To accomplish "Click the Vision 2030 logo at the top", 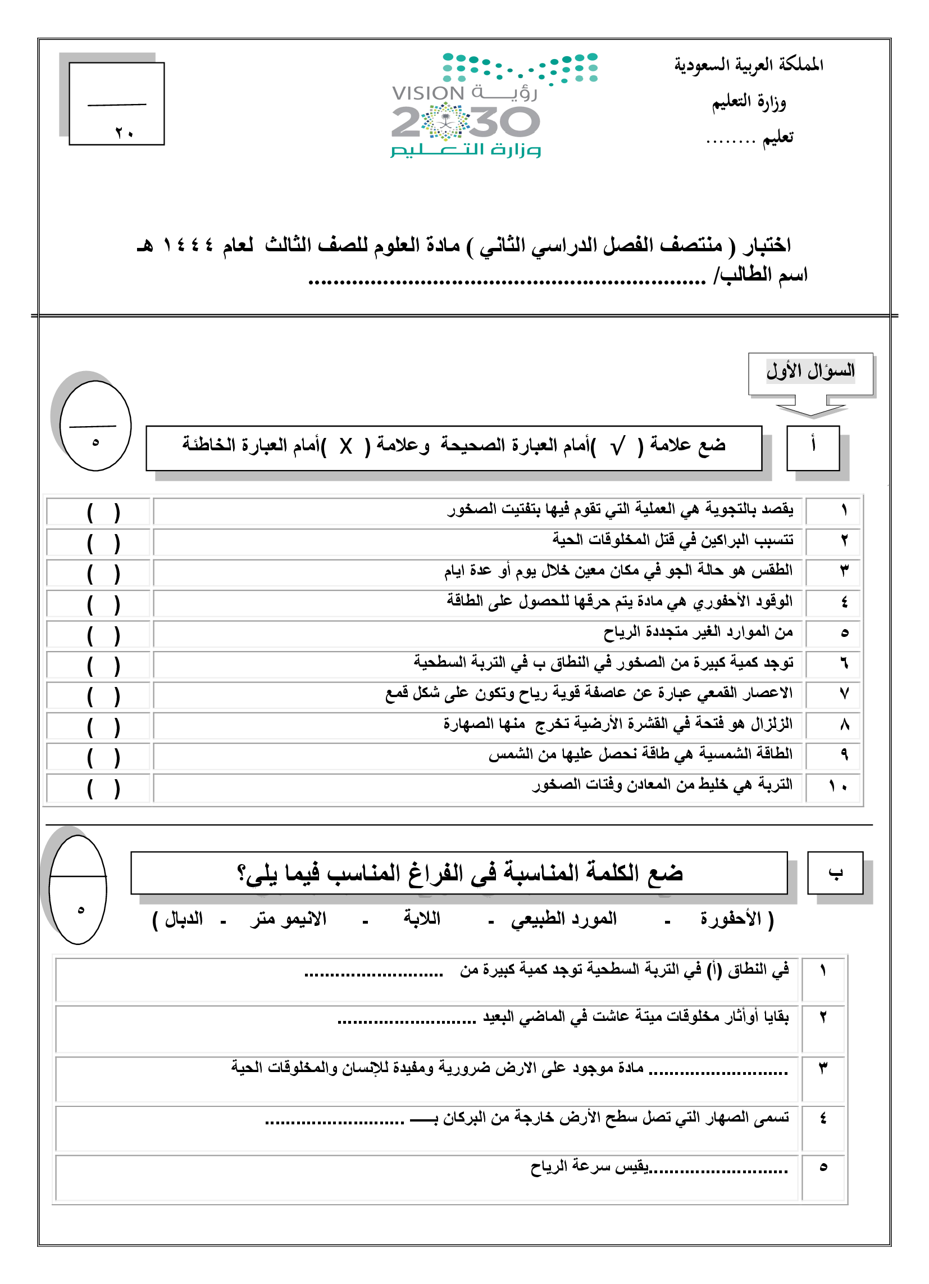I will (466, 105).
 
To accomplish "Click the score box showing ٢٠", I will (117, 103).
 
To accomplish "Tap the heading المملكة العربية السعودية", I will (748, 65).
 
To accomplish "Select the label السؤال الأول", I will (809, 372).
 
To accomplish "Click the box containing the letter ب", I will (835, 872).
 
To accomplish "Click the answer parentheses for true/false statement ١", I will (103, 513).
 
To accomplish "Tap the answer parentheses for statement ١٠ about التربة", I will (103, 789).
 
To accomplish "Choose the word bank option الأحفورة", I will (731, 918).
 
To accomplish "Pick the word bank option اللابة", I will (421, 918).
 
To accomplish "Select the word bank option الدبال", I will (183, 918).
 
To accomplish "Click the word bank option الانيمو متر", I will (289, 918).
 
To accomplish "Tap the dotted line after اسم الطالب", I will (507, 281).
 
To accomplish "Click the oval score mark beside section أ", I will (95, 426).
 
